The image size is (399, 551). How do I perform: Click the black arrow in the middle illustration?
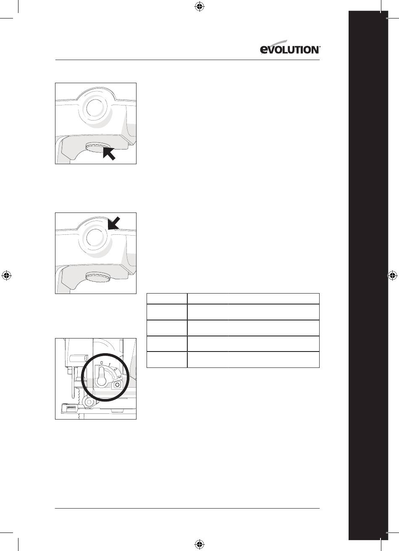point(114,223)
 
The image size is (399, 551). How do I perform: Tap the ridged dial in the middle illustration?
point(98,277)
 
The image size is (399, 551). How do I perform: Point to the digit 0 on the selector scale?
point(101,363)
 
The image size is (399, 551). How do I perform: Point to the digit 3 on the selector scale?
point(119,377)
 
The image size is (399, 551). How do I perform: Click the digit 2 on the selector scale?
point(115,369)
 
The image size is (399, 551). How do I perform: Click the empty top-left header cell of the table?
point(167,299)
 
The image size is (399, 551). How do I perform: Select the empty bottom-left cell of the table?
point(167,359)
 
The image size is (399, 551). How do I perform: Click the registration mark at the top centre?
point(199,7)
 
